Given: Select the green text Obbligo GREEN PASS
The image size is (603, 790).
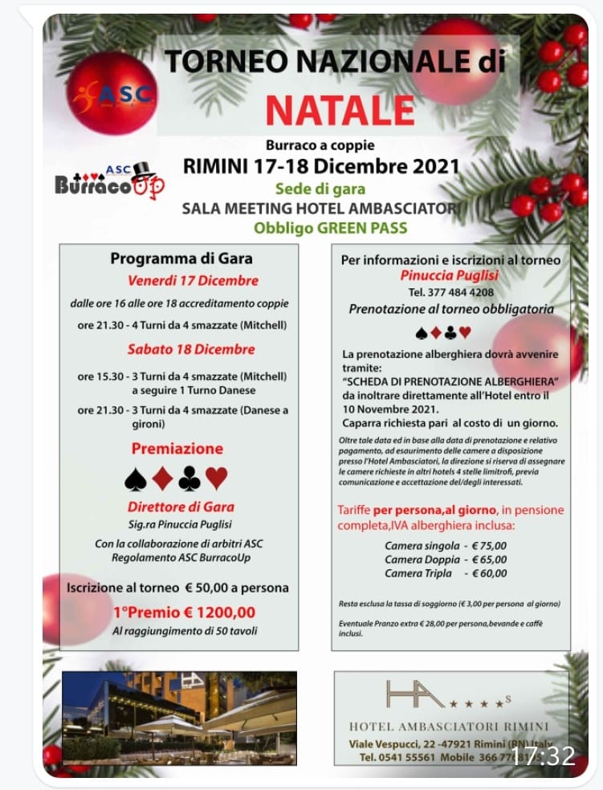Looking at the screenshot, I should point(330,227).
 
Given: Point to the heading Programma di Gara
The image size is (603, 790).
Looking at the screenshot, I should point(181,259).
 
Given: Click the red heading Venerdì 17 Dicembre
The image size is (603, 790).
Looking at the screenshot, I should point(193,281).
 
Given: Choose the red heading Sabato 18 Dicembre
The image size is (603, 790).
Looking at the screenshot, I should point(191,349).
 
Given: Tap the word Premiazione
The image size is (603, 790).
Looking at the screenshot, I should point(177,448).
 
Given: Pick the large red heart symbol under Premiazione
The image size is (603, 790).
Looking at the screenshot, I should point(217,479).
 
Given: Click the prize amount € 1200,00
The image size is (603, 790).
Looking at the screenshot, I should point(210,613).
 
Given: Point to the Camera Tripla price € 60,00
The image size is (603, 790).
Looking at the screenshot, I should point(489,573).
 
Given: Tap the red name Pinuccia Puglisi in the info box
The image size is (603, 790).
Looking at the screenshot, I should point(450,275).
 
